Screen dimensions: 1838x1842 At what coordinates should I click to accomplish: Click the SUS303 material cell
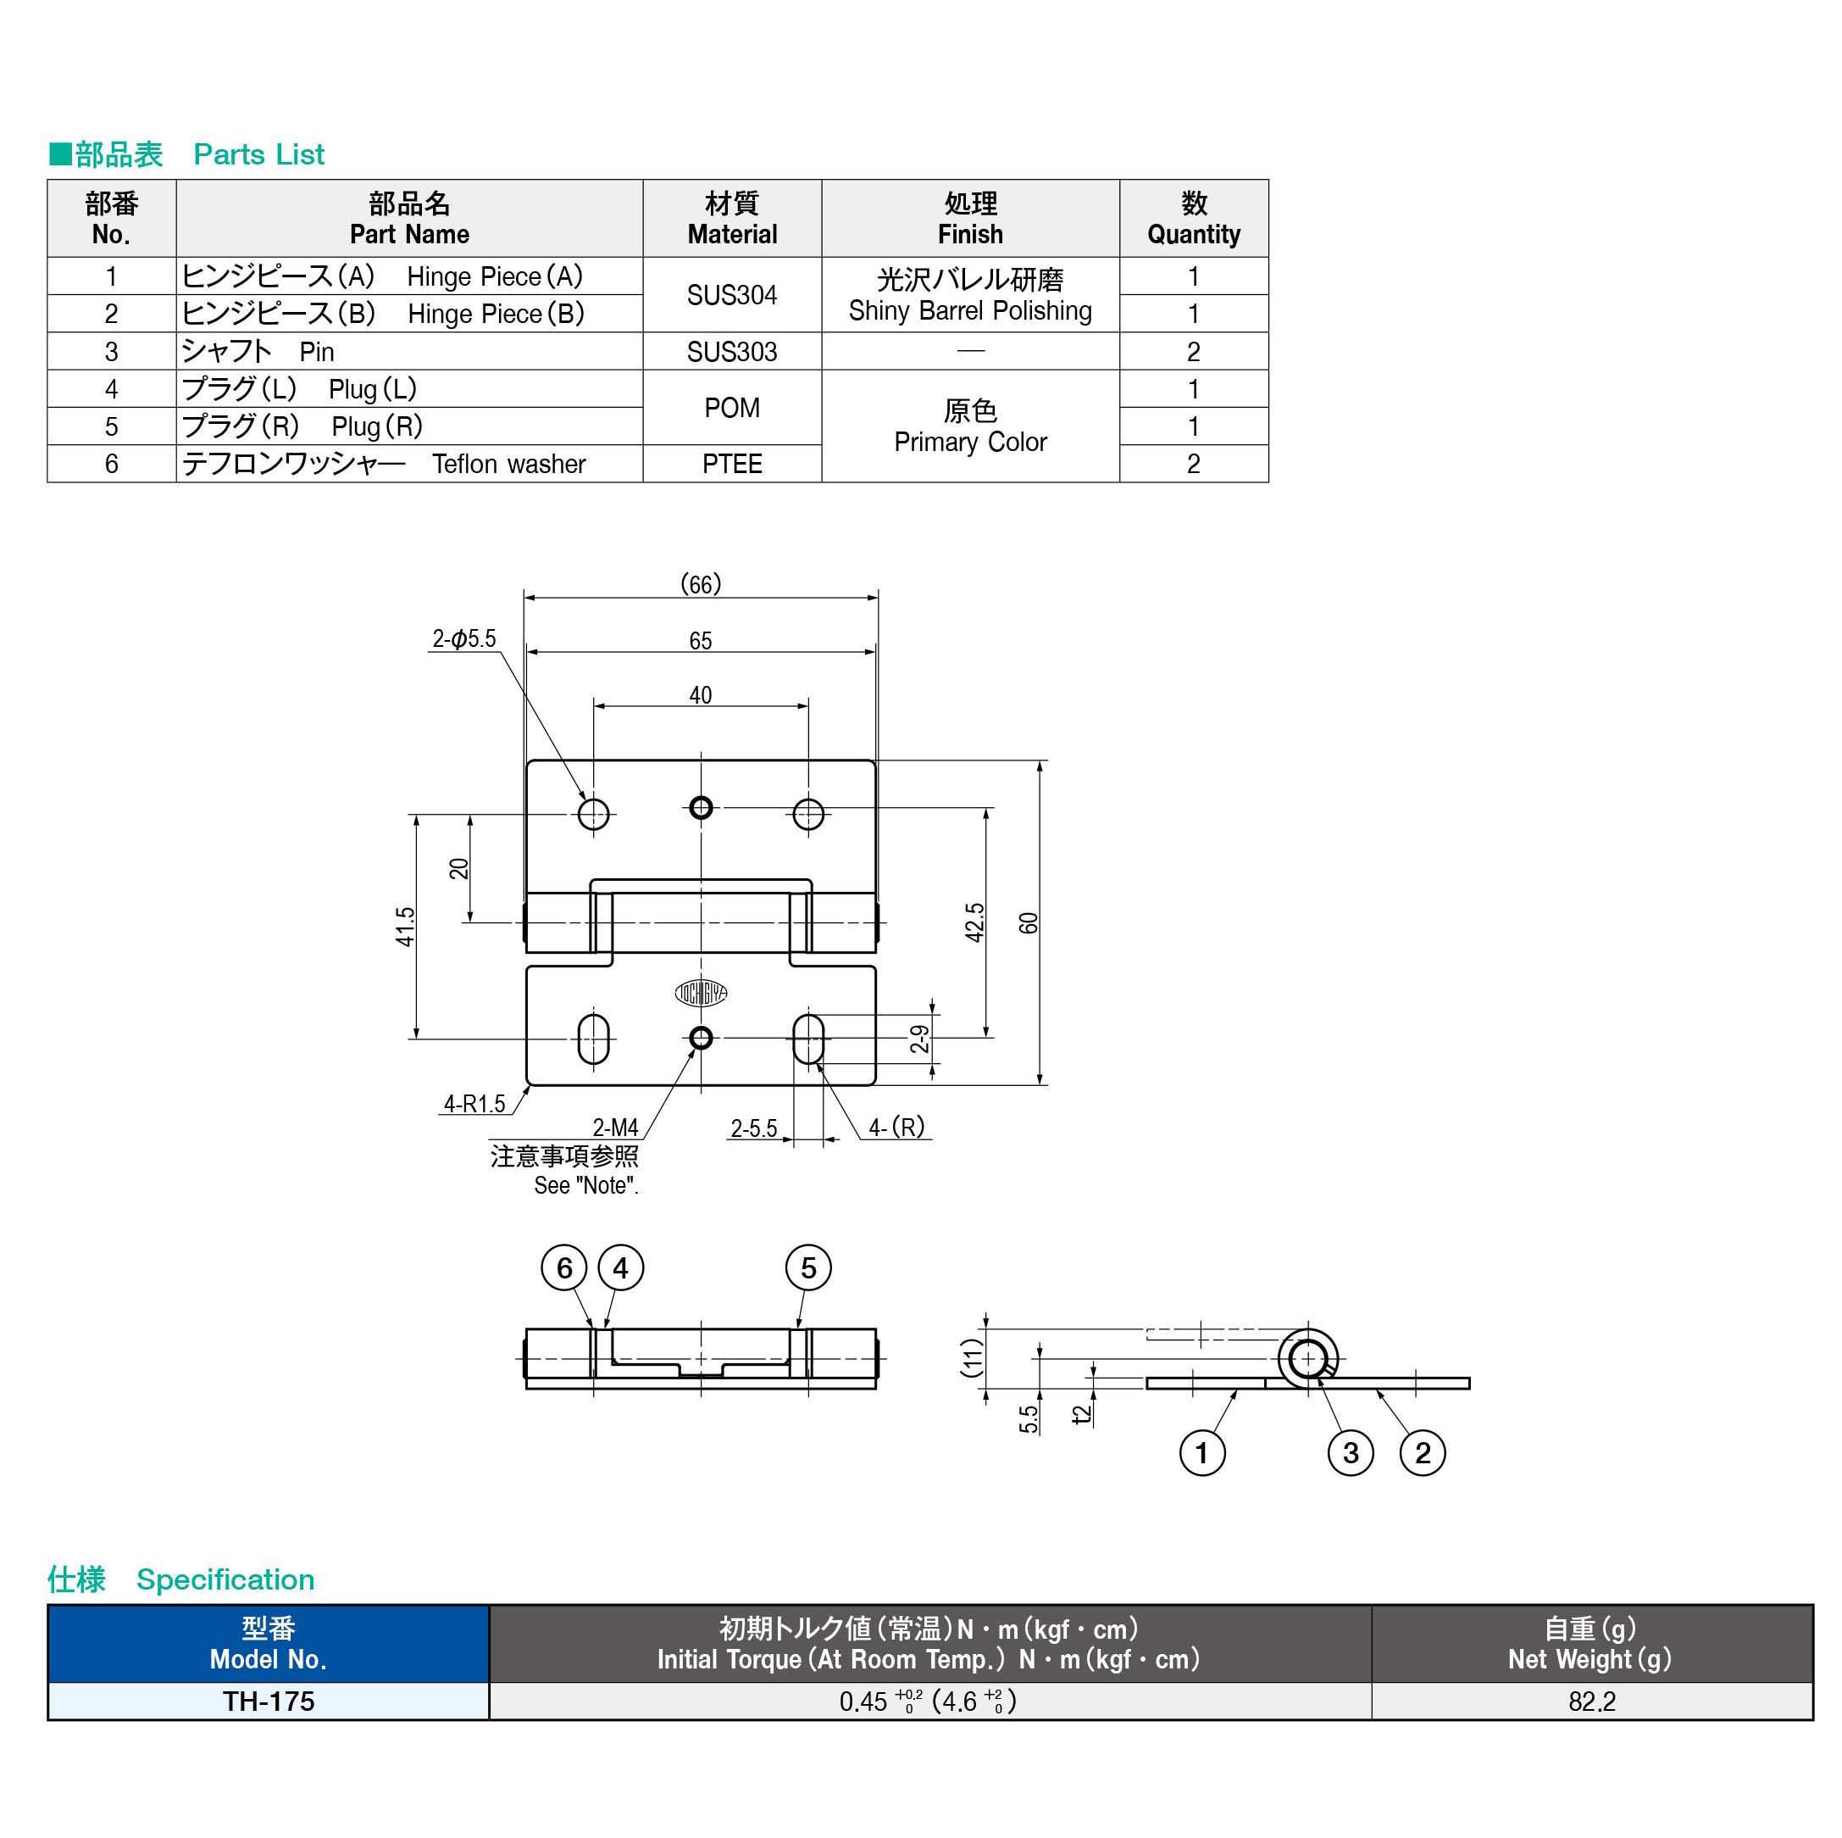pyautogui.click(x=731, y=352)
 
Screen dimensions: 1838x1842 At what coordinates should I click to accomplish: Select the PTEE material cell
pyautogui.click(x=731, y=464)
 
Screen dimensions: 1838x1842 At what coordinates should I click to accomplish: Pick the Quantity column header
pyautogui.click(x=1193, y=219)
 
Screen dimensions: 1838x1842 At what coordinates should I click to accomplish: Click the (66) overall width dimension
pyautogui.click(x=700, y=584)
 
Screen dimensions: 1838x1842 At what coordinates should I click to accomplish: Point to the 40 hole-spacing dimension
pyautogui.click(x=700, y=694)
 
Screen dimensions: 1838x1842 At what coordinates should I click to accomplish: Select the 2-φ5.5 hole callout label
pyautogui.click(x=464, y=638)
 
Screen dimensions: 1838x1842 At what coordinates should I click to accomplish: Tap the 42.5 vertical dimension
pyautogui.click(x=974, y=922)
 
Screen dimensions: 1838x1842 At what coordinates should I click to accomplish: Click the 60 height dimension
pyautogui.click(x=1028, y=922)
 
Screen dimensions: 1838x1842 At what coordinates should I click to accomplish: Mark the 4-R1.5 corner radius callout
pyautogui.click(x=474, y=1104)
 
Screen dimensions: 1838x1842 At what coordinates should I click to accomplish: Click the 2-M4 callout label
pyautogui.click(x=615, y=1128)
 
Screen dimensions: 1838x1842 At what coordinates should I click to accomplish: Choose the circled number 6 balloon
pyautogui.click(x=563, y=1267)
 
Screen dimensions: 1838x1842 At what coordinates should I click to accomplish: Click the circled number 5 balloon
pyautogui.click(x=807, y=1267)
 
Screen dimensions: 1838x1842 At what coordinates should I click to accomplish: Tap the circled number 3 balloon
pyautogui.click(x=1350, y=1452)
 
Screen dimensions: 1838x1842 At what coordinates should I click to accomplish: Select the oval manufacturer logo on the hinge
pyautogui.click(x=701, y=993)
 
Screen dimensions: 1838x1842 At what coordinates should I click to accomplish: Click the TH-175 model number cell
pyautogui.click(x=268, y=1702)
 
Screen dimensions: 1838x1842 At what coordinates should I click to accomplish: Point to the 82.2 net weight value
pyautogui.click(x=1591, y=1702)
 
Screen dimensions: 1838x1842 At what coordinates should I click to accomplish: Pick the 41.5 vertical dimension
pyautogui.click(x=405, y=926)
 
